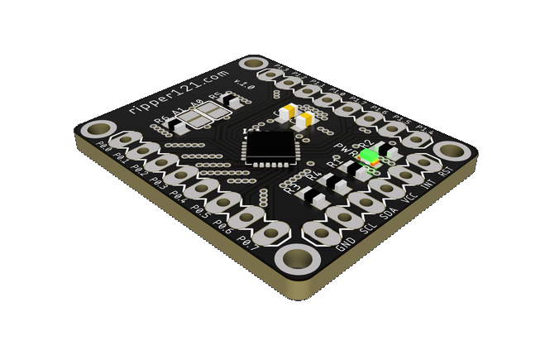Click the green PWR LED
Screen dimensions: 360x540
click(375, 158)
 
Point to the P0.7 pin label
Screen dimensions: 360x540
click(248, 243)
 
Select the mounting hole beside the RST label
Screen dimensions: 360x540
click(451, 151)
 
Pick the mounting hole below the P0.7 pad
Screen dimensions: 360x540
click(295, 260)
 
